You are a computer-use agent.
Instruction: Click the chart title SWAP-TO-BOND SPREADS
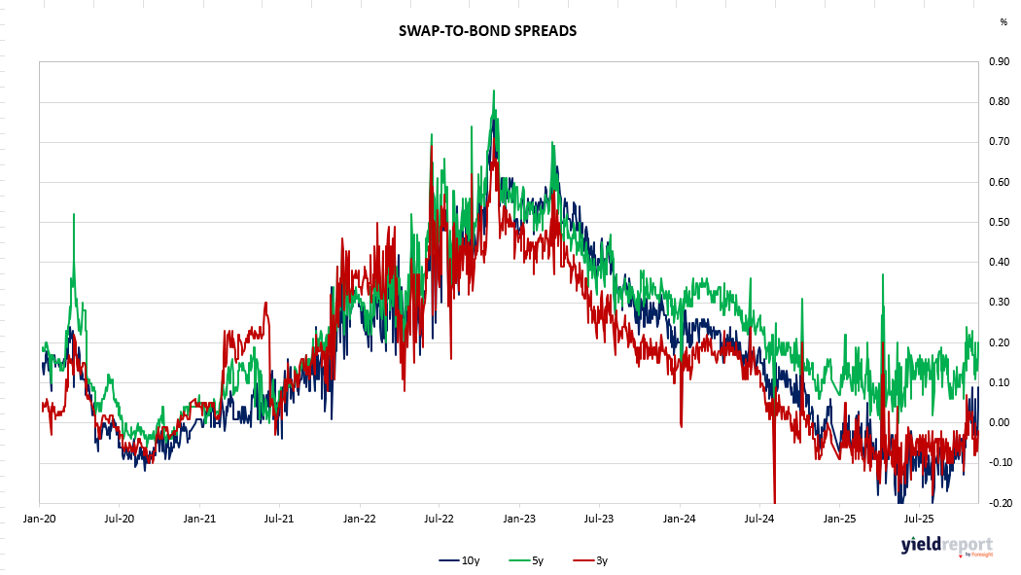[x=487, y=31]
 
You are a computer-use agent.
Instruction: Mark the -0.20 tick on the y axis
[x=996, y=503]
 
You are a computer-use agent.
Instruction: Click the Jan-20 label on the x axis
[x=39, y=519]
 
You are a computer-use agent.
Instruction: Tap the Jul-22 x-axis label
[x=440, y=519]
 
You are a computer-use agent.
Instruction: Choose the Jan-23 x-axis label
[x=519, y=519]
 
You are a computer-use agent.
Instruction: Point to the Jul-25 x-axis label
[x=920, y=519]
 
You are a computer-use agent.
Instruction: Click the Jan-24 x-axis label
[x=680, y=519]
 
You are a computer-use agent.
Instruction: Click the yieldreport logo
[x=946, y=545]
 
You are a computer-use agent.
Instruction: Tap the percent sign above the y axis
[x=1003, y=21]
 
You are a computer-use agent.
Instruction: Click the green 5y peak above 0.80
[x=494, y=91]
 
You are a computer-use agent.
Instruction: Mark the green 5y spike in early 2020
[x=74, y=215]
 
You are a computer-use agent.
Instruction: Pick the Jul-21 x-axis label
[x=279, y=519]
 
